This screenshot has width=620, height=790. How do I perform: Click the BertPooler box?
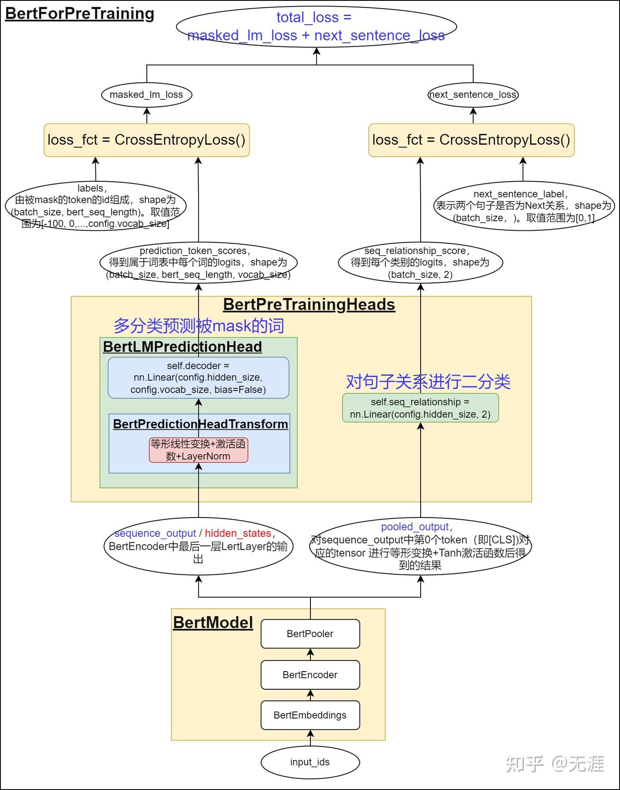[310, 634]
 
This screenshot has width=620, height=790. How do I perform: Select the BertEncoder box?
[310, 675]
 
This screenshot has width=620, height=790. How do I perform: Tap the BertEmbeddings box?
[310, 715]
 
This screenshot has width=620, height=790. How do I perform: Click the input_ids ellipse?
[310, 762]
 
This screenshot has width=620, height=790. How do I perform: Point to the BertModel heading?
[213, 623]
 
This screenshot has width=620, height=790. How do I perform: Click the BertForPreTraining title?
[80, 13]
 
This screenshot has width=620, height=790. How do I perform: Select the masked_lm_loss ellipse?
[146, 95]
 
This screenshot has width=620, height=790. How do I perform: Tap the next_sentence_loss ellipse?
[473, 95]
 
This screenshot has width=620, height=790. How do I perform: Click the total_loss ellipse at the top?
[316, 26]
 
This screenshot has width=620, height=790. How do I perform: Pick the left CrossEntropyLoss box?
[146, 140]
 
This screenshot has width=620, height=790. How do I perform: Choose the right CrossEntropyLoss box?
[471, 140]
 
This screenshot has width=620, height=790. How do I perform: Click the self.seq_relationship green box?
[420, 408]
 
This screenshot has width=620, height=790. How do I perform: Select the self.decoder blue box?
[198, 378]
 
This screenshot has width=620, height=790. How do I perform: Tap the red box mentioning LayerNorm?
[198, 450]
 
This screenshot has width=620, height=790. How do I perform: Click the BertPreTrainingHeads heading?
[309, 304]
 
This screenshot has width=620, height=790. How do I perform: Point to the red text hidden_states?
[238, 533]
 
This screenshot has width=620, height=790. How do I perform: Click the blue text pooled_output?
[415, 527]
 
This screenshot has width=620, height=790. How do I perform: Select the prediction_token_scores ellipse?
[198, 263]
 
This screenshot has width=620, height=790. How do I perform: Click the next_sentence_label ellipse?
[523, 206]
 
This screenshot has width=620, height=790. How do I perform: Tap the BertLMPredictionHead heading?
[182, 347]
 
